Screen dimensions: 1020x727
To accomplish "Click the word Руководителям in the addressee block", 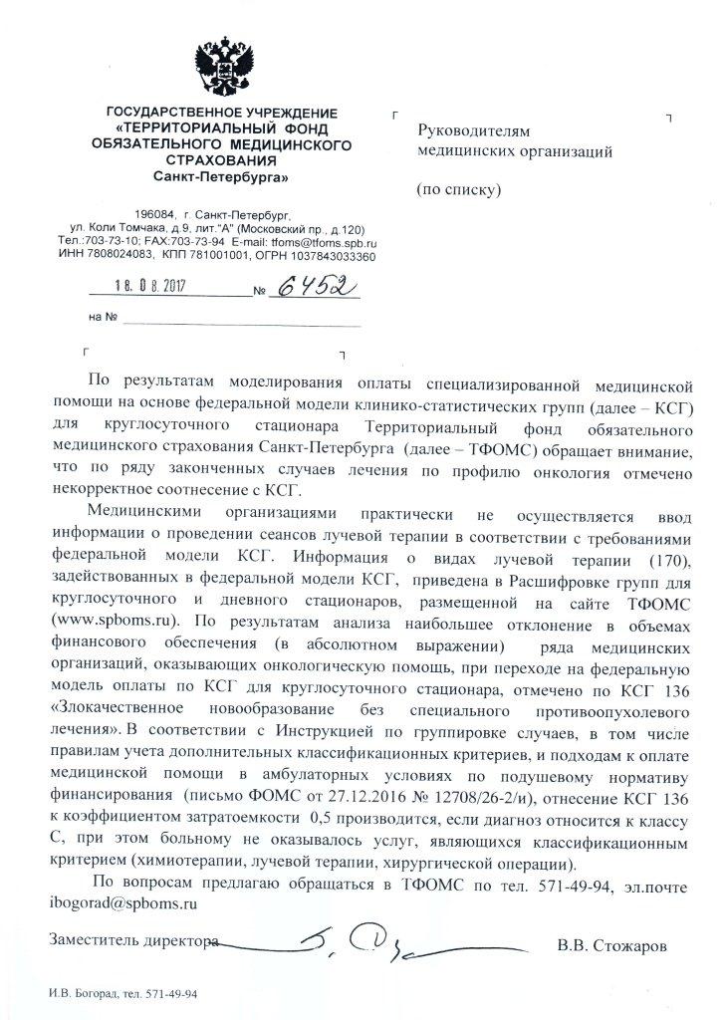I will [466, 131].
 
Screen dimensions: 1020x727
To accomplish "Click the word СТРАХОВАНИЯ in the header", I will [220, 160].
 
